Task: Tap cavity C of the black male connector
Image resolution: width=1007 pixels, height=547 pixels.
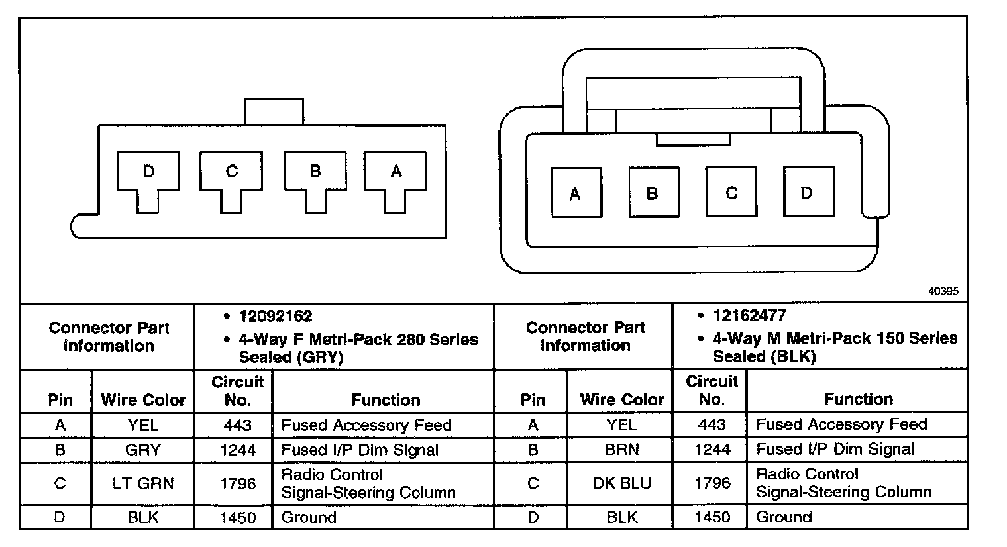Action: [x=731, y=193]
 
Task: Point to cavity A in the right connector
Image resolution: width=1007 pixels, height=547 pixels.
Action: [x=576, y=193]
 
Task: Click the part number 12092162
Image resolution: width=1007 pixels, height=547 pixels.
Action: [x=276, y=317]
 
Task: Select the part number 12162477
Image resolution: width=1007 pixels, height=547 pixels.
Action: [x=749, y=316]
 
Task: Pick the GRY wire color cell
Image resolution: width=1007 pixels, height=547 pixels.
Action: [x=143, y=450]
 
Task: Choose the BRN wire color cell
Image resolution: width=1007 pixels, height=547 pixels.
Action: [x=621, y=450]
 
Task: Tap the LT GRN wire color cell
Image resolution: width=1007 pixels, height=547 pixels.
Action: [x=143, y=484]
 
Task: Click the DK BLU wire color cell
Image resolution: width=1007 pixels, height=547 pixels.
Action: [x=621, y=483]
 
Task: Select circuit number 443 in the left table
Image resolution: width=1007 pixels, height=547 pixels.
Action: [x=237, y=425]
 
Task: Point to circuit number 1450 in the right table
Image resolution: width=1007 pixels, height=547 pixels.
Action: [x=712, y=517]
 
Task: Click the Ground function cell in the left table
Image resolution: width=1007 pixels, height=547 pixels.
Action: [x=309, y=517]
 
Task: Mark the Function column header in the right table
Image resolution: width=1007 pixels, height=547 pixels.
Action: [x=859, y=399]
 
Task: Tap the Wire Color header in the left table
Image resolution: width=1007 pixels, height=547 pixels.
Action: [x=143, y=400]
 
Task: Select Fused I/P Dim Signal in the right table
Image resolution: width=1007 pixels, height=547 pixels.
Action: [x=835, y=450]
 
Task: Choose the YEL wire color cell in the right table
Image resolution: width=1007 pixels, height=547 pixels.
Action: [x=621, y=425]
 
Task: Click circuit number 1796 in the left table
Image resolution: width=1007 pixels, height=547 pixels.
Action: [x=237, y=484]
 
